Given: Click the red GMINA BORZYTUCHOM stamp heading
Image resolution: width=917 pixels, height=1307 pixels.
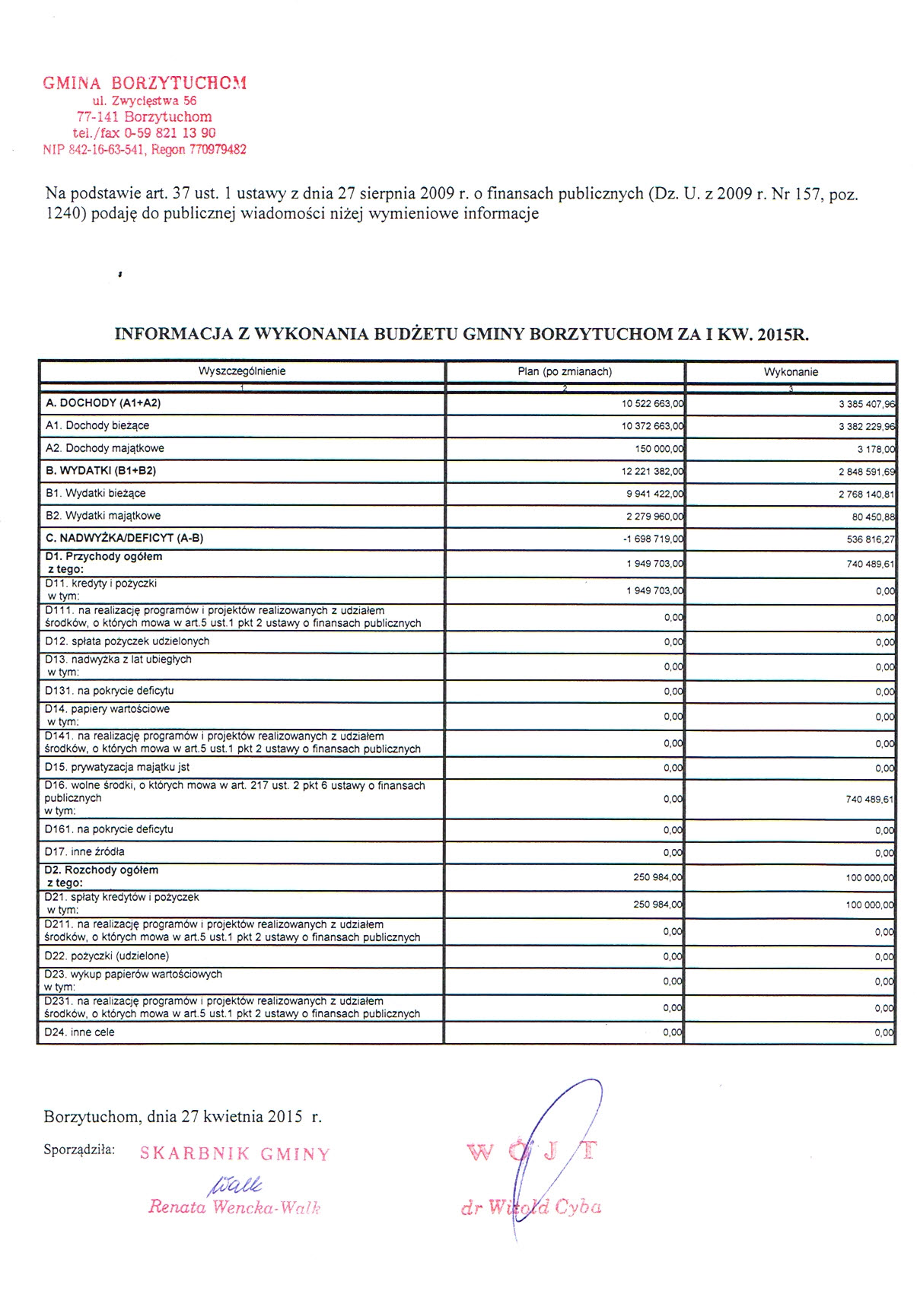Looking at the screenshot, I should (x=145, y=83).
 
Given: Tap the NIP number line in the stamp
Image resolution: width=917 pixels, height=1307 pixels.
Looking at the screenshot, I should (x=145, y=150).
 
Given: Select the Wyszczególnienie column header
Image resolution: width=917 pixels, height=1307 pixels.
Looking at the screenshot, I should (x=242, y=371).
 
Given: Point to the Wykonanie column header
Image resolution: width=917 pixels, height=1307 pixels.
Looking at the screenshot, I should (x=791, y=372).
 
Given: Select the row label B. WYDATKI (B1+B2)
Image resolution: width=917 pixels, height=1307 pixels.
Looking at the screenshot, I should (x=100, y=471).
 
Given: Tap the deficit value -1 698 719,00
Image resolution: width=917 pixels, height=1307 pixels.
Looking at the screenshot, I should (x=653, y=539).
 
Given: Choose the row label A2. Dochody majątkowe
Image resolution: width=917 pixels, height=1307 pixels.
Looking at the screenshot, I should (x=104, y=448).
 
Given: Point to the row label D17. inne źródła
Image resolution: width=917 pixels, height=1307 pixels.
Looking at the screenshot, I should (x=84, y=851).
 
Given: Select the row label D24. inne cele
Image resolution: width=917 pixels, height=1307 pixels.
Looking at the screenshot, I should (x=79, y=1032).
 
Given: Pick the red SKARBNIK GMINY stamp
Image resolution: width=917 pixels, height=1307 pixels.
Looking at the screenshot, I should (x=235, y=1154).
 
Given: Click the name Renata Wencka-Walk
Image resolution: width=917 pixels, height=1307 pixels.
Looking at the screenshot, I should (x=234, y=1207).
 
